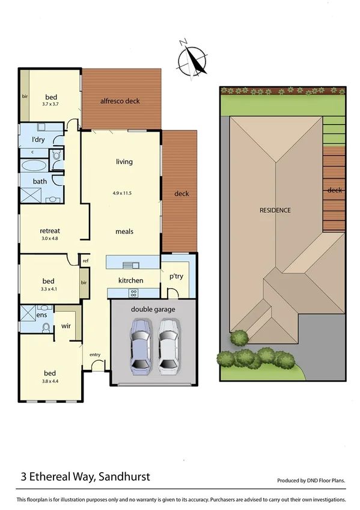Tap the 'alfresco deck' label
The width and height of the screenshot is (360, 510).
(x=120, y=101)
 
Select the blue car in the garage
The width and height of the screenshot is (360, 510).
(x=141, y=347)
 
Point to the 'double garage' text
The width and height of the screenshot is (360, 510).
(x=153, y=309)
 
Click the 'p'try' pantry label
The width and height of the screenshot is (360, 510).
(x=175, y=277)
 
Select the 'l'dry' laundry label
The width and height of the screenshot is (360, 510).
(x=38, y=140)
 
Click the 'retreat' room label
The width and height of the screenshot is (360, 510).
(x=49, y=231)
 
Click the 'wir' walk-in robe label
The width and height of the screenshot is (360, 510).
(x=66, y=327)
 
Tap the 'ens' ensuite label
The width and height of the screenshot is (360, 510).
(x=41, y=315)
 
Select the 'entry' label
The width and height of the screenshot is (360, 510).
(x=95, y=355)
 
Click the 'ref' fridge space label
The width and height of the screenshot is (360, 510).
(x=85, y=261)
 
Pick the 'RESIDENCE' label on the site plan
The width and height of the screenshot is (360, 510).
(x=275, y=210)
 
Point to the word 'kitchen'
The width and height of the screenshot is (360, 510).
(x=130, y=281)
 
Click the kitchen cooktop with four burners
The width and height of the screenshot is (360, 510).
(x=133, y=293)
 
